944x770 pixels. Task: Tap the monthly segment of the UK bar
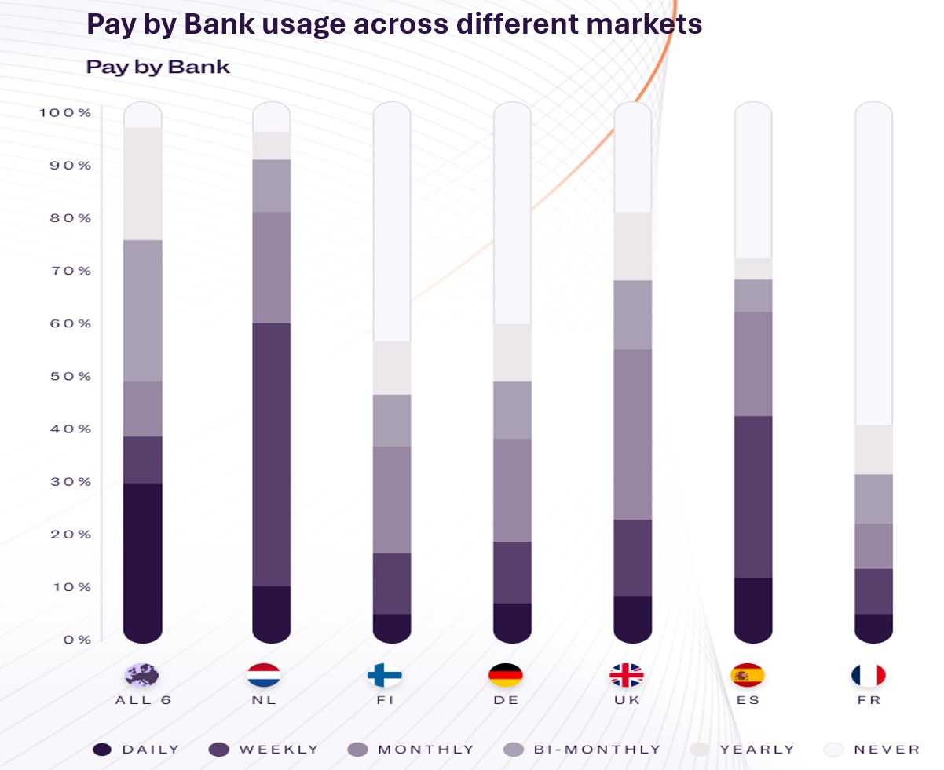632,433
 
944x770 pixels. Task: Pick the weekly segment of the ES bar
752,496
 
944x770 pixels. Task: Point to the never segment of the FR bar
873,267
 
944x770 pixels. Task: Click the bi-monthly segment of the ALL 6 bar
143,310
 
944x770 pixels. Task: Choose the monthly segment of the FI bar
392,499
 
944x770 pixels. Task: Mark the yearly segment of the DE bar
512,352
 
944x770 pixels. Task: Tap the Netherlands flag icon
264,675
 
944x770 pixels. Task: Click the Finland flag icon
385,675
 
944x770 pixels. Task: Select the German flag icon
506,675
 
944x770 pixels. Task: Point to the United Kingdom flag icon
627,675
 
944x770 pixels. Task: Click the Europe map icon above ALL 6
142,675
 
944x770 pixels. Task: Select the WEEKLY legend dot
219,750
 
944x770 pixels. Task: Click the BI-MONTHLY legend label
597,750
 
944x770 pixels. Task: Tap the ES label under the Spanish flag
748,700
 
